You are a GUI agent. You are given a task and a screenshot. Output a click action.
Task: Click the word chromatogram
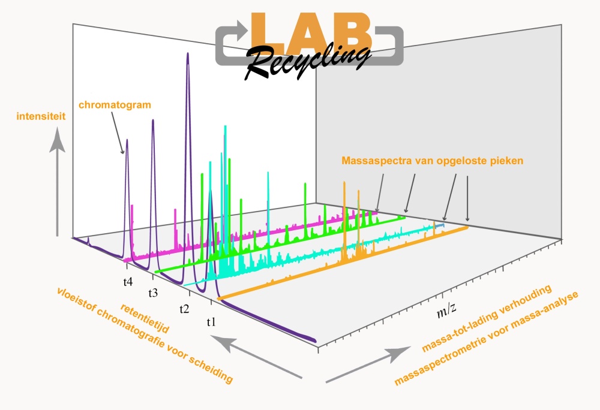(x=115, y=105)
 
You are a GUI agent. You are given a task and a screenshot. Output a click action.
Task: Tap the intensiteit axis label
(x=41, y=116)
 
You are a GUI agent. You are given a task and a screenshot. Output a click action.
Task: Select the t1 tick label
(x=211, y=322)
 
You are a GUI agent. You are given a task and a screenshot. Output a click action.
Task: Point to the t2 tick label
(x=184, y=309)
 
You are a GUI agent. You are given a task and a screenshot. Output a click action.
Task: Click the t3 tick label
(x=153, y=293)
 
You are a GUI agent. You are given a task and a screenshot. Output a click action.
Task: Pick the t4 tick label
(x=128, y=282)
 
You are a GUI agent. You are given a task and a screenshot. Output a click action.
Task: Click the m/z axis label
(x=446, y=310)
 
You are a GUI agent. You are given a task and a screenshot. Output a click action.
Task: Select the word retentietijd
(x=145, y=318)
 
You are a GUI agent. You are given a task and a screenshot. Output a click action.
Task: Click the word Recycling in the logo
(x=307, y=61)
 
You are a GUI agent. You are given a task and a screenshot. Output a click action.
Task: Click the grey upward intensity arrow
(x=58, y=182)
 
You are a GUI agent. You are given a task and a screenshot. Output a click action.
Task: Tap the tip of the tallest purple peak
(x=187, y=53)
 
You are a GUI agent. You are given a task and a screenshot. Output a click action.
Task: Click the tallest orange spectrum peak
(x=344, y=183)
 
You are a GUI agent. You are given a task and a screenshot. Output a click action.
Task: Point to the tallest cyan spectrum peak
(x=226, y=126)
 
